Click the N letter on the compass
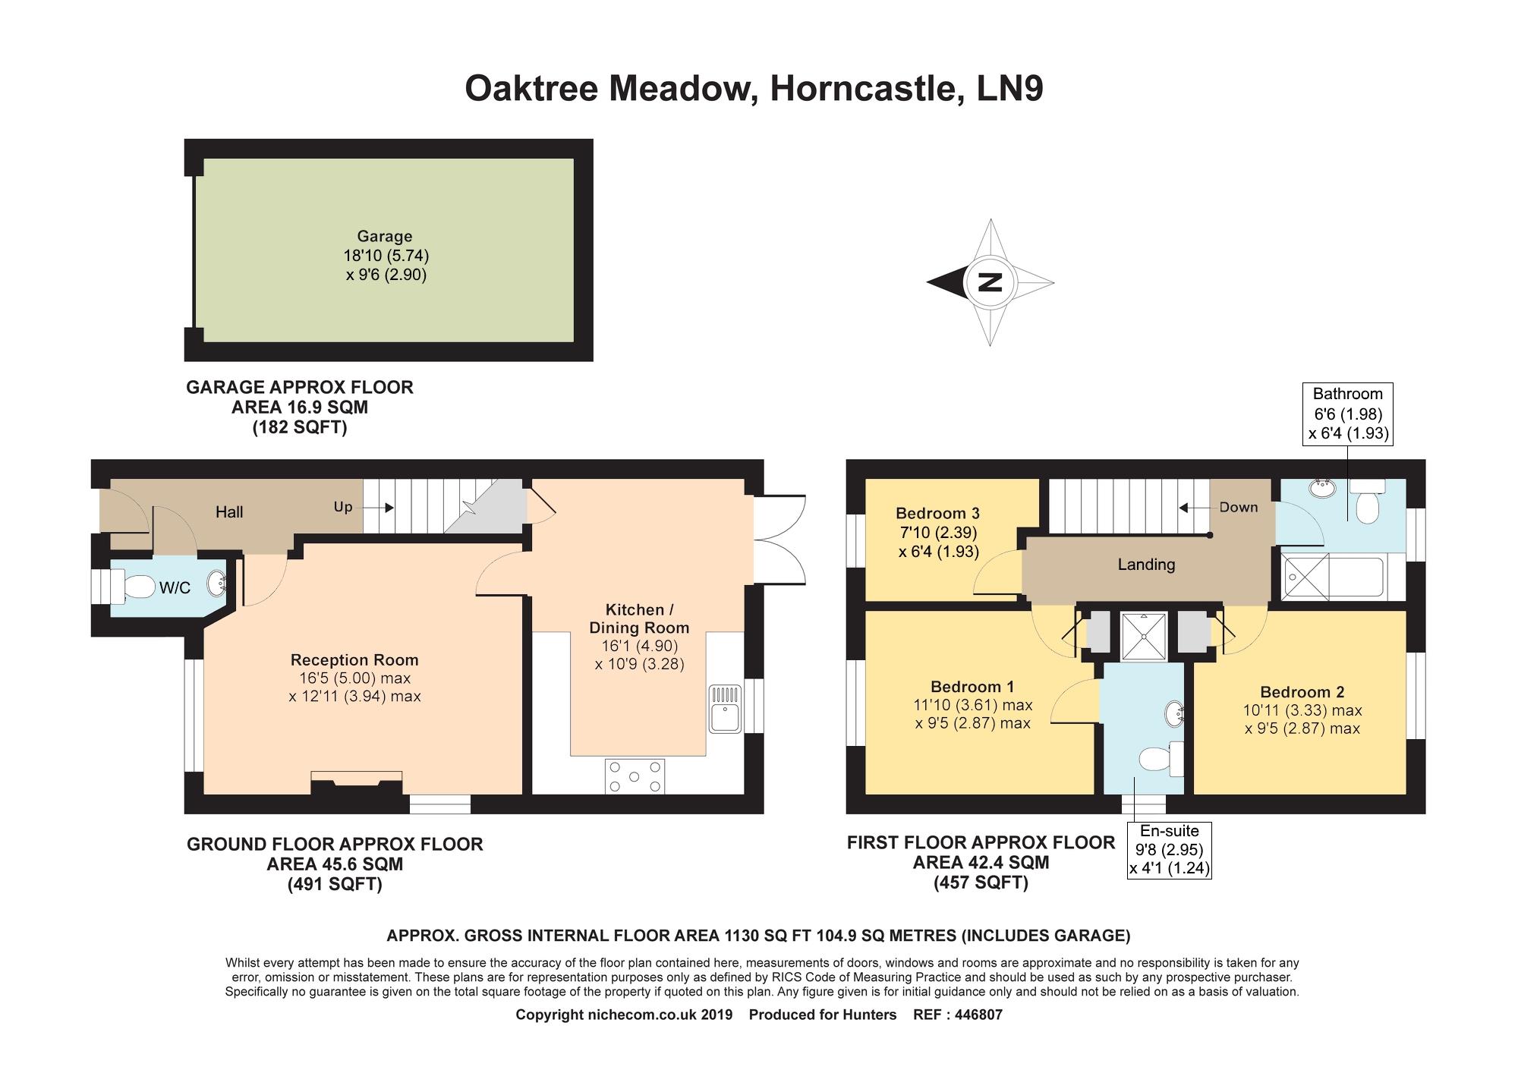(990, 282)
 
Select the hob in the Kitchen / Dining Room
(635, 776)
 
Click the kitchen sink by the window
(725, 709)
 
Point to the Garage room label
(385, 236)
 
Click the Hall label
(229, 512)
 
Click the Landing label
(1146, 565)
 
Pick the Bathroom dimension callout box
(1348, 414)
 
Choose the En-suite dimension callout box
(1170, 850)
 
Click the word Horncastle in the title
(862, 88)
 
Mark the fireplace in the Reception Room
(357, 784)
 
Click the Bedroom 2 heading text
(1302, 692)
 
